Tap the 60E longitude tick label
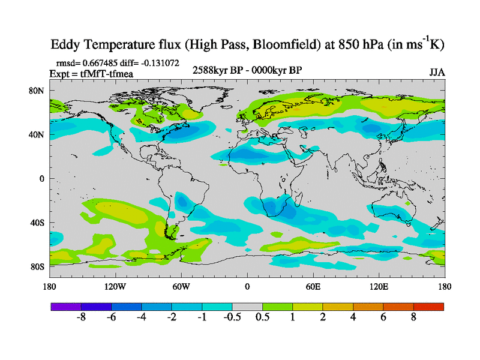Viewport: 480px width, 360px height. (313, 286)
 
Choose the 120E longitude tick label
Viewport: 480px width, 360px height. (379, 286)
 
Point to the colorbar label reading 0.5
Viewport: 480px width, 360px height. (262, 317)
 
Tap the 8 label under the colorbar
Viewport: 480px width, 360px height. (413, 317)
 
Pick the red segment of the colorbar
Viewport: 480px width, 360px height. (428, 307)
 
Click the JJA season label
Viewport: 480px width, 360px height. (437, 72)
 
